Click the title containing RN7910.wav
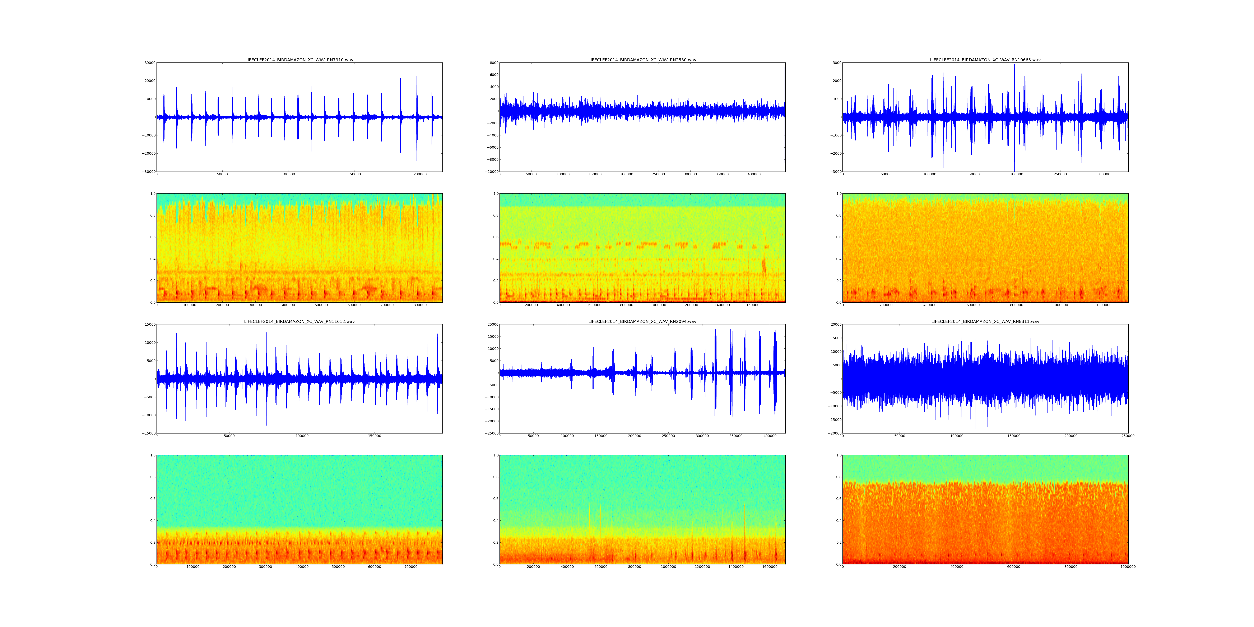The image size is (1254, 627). tap(299, 60)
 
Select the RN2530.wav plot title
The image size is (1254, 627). tap(642, 60)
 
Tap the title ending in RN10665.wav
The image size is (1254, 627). tap(985, 60)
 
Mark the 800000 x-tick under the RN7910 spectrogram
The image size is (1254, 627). tap(420, 305)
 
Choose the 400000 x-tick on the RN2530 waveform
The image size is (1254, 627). tap(754, 174)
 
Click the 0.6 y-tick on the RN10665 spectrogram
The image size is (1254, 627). tap(838, 237)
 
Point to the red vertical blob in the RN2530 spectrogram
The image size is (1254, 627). tap(764, 267)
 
